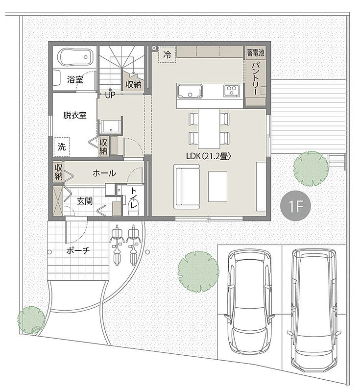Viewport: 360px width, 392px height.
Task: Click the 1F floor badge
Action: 295,206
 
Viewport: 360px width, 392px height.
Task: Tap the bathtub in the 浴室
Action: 75,57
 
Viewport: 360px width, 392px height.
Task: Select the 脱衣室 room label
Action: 75,115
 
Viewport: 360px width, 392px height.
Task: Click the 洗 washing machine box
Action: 61,147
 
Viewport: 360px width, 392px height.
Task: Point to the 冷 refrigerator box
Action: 167,54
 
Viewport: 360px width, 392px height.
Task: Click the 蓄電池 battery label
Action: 256,53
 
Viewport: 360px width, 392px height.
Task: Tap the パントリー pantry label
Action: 255,78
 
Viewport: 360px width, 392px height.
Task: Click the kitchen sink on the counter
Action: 190,91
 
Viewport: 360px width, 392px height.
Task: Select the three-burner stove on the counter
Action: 232,90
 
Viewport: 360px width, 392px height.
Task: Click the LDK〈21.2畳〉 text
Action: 209,156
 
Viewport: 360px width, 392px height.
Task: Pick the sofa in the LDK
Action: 188,187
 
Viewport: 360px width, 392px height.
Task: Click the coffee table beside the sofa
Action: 217,187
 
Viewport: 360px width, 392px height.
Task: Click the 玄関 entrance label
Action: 85,201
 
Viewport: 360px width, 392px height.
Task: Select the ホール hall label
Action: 104,173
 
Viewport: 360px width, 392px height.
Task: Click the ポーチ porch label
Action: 78,250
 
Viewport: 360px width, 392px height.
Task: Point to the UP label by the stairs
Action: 110,95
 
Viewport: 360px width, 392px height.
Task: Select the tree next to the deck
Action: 311,169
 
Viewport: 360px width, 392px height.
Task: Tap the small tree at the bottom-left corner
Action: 31,320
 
